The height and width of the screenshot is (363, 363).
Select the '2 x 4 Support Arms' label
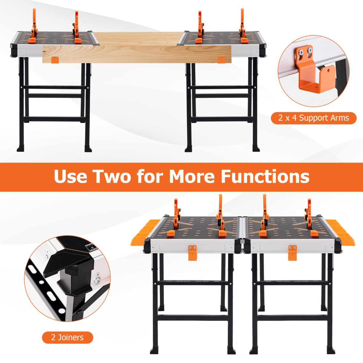[x=314, y=118]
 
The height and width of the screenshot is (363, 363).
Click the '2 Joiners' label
[x=67, y=337]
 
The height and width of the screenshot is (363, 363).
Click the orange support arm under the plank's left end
[x=54, y=60]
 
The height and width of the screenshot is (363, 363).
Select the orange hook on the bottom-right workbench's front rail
[x=292, y=252]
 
